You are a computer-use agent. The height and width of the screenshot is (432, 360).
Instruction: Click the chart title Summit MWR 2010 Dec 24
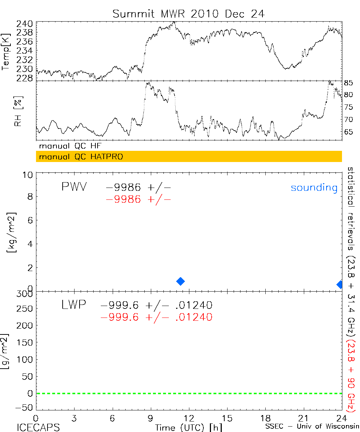click(x=188, y=14)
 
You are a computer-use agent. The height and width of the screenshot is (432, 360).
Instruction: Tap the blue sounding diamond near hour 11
click(x=180, y=281)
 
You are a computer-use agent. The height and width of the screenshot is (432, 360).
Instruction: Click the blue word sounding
click(x=314, y=188)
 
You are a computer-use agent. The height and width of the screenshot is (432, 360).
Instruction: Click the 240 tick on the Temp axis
click(x=24, y=24)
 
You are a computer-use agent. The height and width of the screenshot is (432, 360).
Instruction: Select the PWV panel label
click(x=74, y=187)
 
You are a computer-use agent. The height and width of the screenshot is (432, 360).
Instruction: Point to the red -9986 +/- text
click(x=138, y=199)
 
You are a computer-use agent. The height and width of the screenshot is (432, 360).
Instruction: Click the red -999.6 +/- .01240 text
click(x=157, y=317)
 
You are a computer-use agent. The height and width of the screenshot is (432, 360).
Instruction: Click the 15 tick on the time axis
click(x=227, y=418)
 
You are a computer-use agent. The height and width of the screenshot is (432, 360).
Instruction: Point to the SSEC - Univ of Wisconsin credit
click(x=312, y=427)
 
